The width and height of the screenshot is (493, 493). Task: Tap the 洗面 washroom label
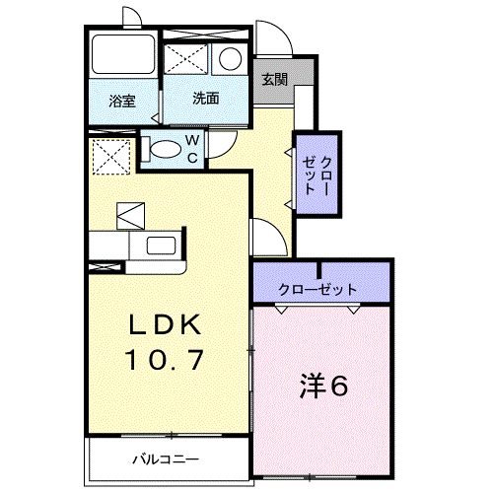(205, 99)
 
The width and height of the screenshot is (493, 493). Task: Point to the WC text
(193, 149)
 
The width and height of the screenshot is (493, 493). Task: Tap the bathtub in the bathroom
(121, 57)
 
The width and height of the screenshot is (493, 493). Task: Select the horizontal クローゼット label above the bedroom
(317, 290)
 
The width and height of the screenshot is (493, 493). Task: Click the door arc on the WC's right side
(221, 145)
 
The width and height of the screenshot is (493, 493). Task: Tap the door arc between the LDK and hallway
(266, 237)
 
